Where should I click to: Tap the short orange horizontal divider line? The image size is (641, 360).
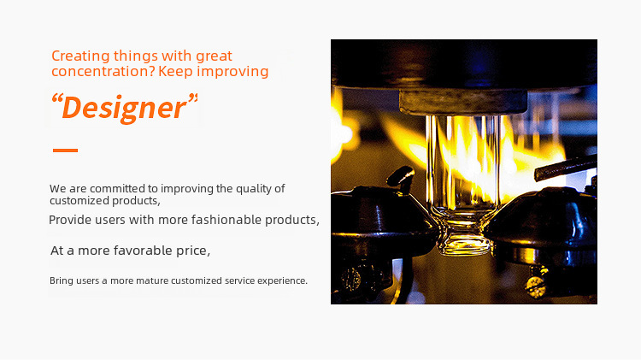click(66, 150)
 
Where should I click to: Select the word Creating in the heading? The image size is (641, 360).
click(80, 56)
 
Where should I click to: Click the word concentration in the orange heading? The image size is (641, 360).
click(103, 71)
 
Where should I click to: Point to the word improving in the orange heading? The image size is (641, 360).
click(232, 72)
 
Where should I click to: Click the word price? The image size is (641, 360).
click(193, 251)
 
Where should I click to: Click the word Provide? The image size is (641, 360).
click(70, 220)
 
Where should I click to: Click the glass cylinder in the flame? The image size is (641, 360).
click(463, 163)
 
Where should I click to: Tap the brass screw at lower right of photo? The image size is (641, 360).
click(537, 283)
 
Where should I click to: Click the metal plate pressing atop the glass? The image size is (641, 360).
click(462, 103)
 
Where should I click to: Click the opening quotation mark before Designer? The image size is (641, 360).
click(56, 99)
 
